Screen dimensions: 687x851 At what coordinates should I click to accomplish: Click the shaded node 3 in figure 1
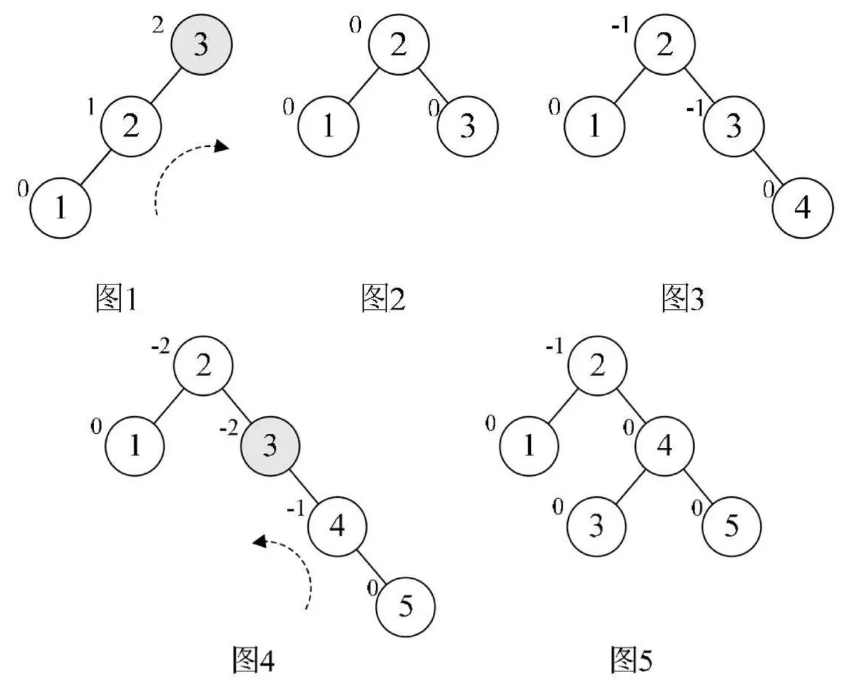click(x=201, y=45)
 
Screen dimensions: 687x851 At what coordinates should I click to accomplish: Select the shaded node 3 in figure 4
click(x=270, y=445)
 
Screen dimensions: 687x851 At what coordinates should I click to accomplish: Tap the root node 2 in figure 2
click(x=399, y=45)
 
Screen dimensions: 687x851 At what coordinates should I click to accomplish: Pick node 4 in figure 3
click(x=803, y=207)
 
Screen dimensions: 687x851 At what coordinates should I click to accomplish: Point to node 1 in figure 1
click(x=61, y=207)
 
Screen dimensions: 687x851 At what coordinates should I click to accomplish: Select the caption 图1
click(x=116, y=298)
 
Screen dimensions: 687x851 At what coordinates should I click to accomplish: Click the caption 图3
click(x=683, y=298)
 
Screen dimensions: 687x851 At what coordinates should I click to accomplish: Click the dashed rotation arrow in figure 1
click(x=185, y=172)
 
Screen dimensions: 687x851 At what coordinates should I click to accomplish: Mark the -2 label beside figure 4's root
click(x=160, y=348)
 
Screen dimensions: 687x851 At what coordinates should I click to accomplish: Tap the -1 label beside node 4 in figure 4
click(x=296, y=510)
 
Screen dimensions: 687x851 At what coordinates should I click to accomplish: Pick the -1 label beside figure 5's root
click(x=554, y=348)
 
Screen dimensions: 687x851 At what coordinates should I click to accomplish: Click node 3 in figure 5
click(x=596, y=525)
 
